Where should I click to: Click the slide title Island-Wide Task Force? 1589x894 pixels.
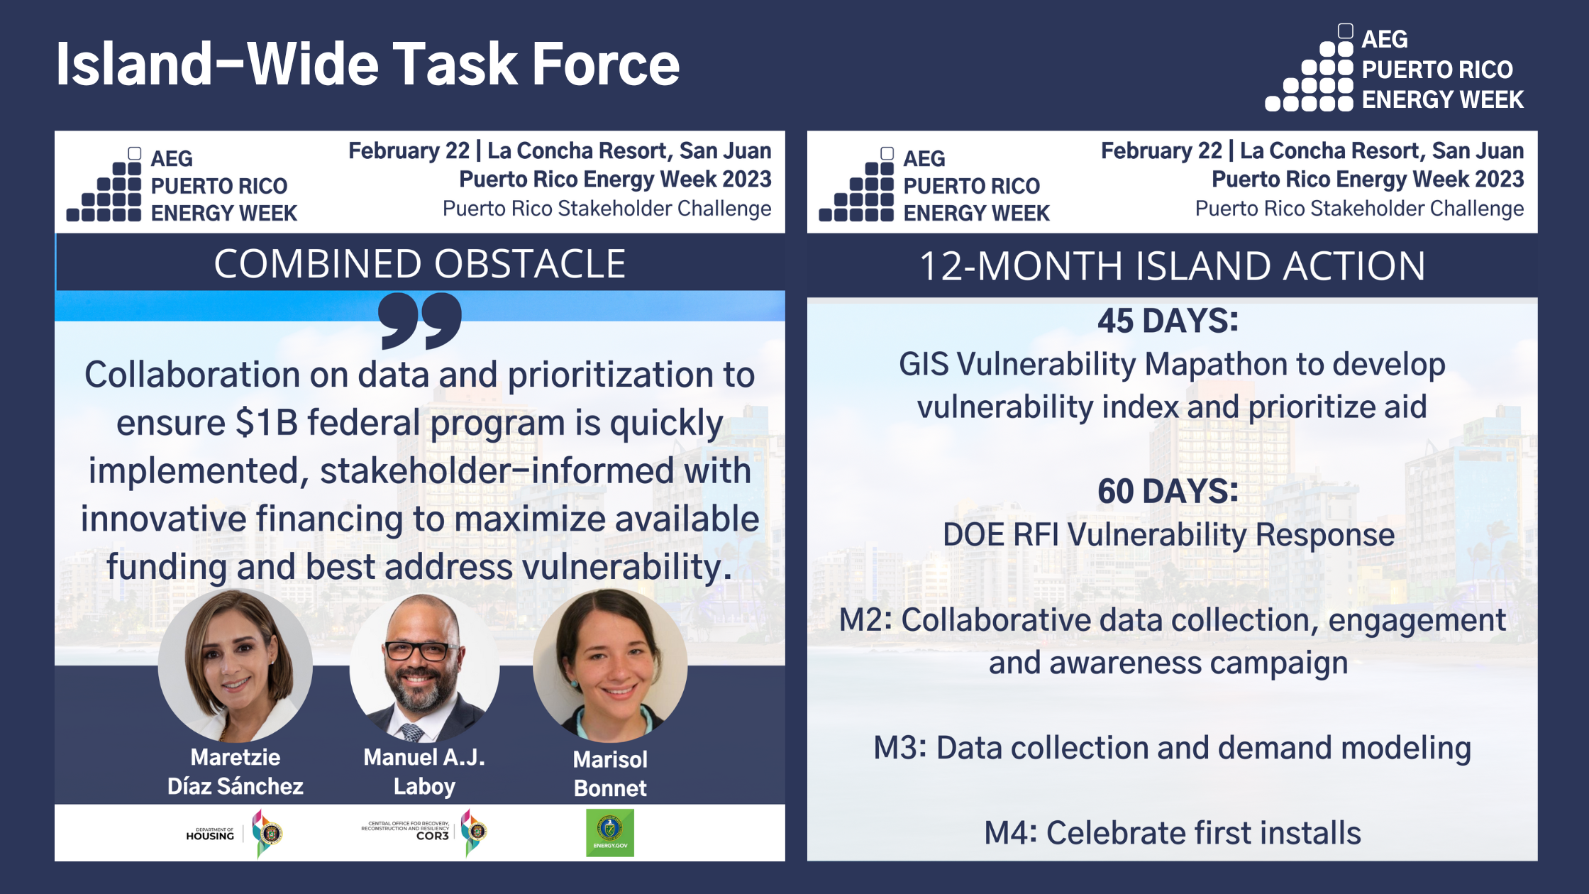[367, 64]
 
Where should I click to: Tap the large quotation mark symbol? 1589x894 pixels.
[420, 321]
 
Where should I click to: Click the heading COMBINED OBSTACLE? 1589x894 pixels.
[420, 264]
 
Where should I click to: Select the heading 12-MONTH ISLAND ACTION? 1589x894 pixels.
[1172, 266]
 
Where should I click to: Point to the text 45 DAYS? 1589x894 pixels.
[1168, 321]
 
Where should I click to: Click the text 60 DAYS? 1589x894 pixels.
[1168, 491]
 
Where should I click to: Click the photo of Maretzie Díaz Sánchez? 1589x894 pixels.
[235, 666]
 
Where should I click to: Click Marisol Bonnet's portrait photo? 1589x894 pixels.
[610, 666]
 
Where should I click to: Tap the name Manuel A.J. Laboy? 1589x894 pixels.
[424, 772]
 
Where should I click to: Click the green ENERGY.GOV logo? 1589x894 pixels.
[610, 832]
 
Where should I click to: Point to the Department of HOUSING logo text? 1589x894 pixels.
[210, 834]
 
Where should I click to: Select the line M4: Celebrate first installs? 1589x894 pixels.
[1172, 833]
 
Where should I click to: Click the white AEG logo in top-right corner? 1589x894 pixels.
[1394, 70]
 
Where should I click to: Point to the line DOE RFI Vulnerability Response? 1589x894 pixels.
[1168, 535]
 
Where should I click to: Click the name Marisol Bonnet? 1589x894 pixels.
[610, 773]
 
